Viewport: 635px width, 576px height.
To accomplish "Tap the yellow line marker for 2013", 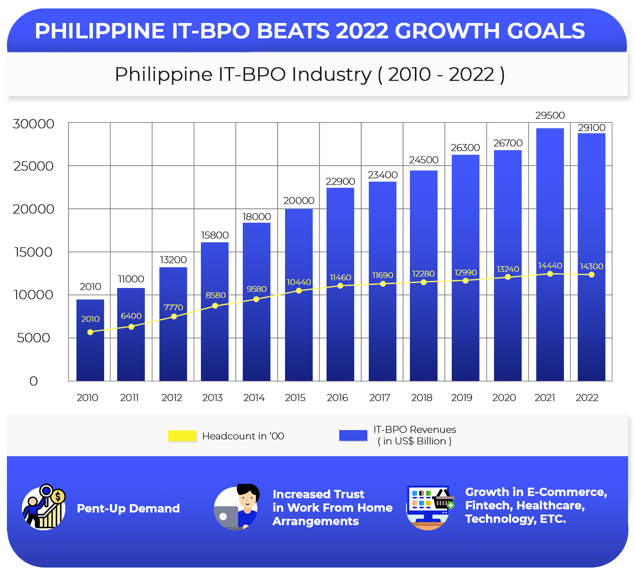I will [x=215, y=306].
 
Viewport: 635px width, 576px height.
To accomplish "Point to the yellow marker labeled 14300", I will [x=591, y=275].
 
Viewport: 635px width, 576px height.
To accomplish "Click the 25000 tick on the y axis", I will [x=33, y=166].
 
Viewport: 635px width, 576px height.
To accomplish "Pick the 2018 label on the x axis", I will [x=421, y=397].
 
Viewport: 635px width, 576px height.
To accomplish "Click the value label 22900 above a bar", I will [x=340, y=181].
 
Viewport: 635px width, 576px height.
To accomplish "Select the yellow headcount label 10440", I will [x=298, y=282].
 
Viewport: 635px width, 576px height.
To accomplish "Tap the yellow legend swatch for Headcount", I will [x=182, y=436].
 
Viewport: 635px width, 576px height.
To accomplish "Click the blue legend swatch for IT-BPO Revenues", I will [x=353, y=435].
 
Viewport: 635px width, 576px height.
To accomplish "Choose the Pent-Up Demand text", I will [x=128, y=508].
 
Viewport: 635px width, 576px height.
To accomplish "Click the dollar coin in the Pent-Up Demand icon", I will [x=58, y=497].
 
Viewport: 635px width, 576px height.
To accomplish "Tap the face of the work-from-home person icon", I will [x=247, y=499].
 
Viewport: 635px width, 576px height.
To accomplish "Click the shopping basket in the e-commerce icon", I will [x=443, y=500].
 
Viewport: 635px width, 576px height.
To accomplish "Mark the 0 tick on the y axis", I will [x=33, y=381].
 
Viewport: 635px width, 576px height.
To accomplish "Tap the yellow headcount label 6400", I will [x=131, y=316].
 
